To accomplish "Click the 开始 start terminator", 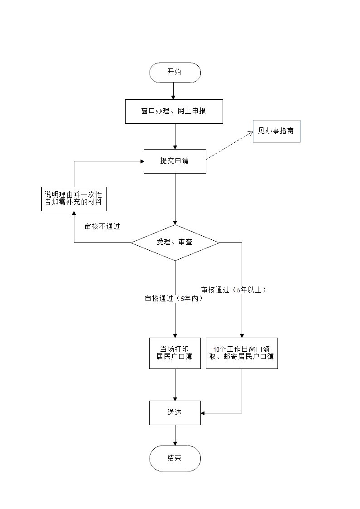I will pyautogui.click(x=175, y=73).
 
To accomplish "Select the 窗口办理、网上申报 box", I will pyautogui.click(x=174, y=111).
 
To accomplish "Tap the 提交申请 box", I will pyautogui.click(x=175, y=161).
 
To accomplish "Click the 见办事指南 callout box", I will pyautogui.click(x=276, y=131).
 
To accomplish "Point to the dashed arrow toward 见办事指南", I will pyautogui.click(x=229, y=145).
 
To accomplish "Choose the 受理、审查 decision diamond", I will pyautogui.click(x=175, y=242).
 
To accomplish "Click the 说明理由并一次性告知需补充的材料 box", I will pyautogui.click(x=73, y=198).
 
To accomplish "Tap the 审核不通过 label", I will pyautogui.click(x=102, y=227).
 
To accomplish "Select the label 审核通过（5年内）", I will pyautogui.click(x=173, y=299).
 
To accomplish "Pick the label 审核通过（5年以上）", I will pyautogui.click(x=234, y=290).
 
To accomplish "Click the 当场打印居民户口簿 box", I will pyautogui.click(x=175, y=353).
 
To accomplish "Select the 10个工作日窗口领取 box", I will pyautogui.click(x=242, y=353).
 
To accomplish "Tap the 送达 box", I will pyautogui.click(x=175, y=412).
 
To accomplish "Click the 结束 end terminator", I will pyautogui.click(x=175, y=458).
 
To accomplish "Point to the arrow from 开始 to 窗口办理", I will pyautogui.click(x=173, y=91).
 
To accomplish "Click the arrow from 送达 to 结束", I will pyautogui.click(x=175, y=435).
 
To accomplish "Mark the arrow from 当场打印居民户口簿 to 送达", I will pyautogui.click(x=175, y=384).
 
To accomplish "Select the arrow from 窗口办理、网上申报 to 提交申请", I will pyautogui.click(x=175, y=136).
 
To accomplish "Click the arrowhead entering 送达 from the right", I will pyautogui.click(x=203, y=413).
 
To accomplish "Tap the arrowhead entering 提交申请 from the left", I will pyautogui.click(x=141, y=161).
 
